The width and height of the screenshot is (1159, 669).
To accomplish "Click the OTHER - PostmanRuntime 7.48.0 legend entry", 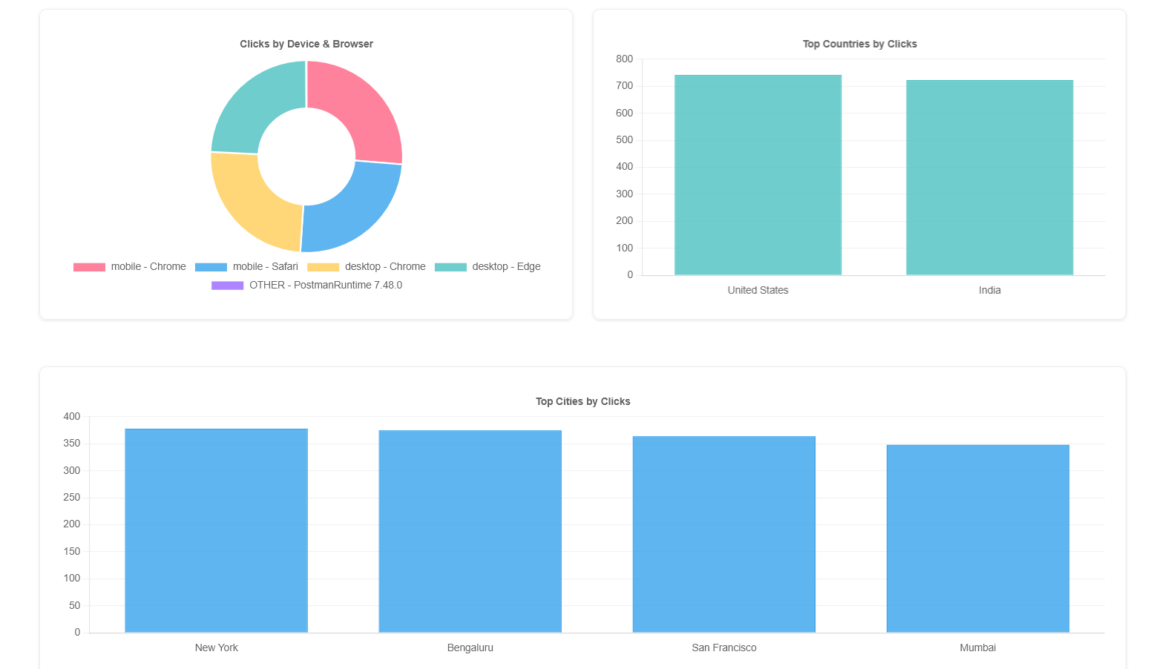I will pos(306,286).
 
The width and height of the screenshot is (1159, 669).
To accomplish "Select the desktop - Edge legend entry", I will pos(487,267).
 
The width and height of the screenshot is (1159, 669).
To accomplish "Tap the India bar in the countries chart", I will pos(989,178).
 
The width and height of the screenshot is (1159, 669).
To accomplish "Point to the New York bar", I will pos(216,530).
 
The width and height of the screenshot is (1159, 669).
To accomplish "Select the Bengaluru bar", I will pos(470,531).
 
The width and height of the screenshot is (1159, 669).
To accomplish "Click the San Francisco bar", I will pos(723,534).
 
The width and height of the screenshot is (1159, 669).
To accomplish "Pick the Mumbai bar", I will pos(977,538).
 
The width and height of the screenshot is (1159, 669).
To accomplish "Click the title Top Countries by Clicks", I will pos(859,45).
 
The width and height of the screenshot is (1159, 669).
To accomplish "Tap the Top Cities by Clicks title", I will pos(582,402).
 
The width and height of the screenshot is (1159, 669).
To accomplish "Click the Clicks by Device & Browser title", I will pos(306,45).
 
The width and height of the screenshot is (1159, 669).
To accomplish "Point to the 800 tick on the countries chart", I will pos(624,59).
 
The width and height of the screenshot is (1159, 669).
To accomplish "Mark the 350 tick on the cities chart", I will pos(71,444).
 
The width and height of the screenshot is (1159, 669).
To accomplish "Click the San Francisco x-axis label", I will pos(723,648).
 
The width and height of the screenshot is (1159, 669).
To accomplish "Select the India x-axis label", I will pos(989,291).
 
